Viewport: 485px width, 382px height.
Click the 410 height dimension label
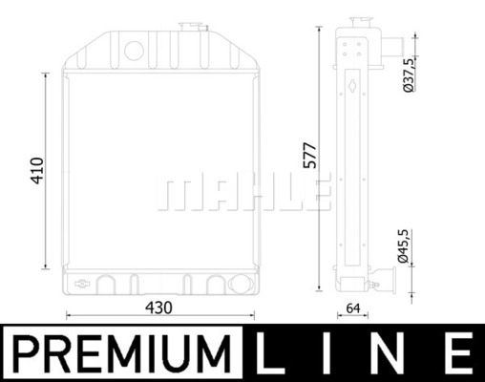pos(37,171)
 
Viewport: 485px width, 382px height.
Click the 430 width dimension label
pos(158,308)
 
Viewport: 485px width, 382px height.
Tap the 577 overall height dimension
pos(310,156)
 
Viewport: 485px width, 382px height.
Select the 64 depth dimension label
pos(353,308)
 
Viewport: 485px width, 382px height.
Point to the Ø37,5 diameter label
pos(409,75)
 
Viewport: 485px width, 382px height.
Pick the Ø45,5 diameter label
pos(403,246)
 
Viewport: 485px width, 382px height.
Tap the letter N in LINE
pos(387,353)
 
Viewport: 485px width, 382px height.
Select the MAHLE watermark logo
pos(243,192)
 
